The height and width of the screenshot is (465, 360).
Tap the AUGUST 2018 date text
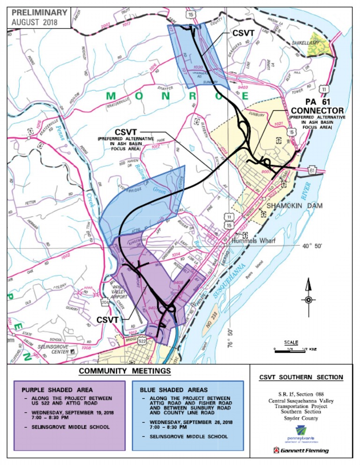35,22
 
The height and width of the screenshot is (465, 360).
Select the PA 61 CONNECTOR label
317,106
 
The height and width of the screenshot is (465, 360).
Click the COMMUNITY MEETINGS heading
125,371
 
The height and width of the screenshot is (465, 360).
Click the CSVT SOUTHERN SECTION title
301,377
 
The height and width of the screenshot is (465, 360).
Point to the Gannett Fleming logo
301,450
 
